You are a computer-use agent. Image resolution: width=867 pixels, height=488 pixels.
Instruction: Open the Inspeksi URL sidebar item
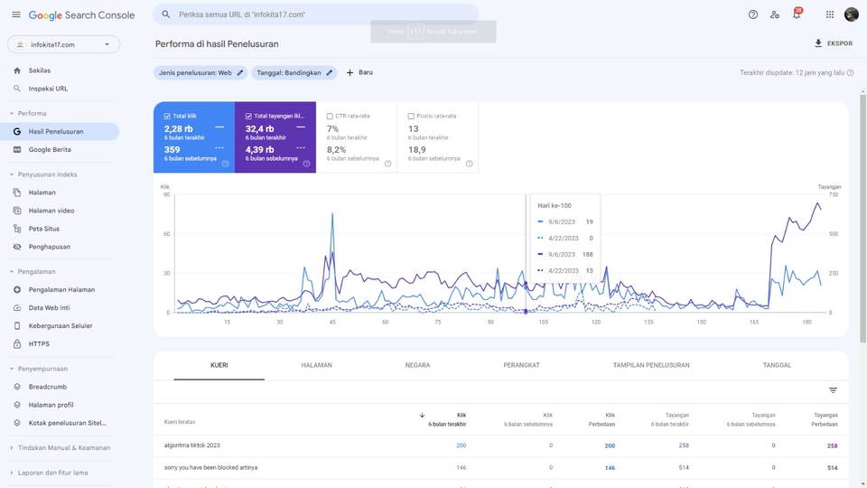[x=48, y=89]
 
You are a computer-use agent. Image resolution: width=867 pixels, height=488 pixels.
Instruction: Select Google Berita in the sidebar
[x=50, y=150]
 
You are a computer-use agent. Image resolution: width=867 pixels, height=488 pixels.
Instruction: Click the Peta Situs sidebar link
[x=43, y=229]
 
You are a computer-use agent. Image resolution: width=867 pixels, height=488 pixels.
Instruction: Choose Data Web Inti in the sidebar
[x=49, y=308]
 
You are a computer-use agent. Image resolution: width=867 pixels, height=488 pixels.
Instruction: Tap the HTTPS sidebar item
[x=39, y=344]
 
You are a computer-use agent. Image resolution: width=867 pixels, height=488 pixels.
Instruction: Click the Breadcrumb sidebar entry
[x=47, y=387]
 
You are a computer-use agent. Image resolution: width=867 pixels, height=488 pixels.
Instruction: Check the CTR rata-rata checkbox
[x=331, y=117]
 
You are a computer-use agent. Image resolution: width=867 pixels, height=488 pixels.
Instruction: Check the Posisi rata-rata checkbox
[x=412, y=117]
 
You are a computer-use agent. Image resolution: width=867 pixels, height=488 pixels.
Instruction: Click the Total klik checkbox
[x=168, y=117]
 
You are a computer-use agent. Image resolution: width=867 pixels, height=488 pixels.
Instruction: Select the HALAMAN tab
[x=317, y=365]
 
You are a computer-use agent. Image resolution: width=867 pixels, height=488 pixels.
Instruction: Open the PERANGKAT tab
[x=521, y=365]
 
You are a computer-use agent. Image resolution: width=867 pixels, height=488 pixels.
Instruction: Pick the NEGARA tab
[x=417, y=365]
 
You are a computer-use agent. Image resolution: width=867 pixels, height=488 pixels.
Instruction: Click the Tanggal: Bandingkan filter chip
[x=294, y=73]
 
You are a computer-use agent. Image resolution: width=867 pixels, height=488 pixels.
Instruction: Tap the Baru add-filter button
[x=359, y=72]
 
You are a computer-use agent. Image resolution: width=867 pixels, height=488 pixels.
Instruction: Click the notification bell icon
[x=796, y=15]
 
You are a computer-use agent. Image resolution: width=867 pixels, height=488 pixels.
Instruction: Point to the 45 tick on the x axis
[x=332, y=322]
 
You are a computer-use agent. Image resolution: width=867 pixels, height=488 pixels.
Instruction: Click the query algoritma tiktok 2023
[x=192, y=446]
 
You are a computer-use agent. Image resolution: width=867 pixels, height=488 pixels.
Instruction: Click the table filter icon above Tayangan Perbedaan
[x=833, y=390]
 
